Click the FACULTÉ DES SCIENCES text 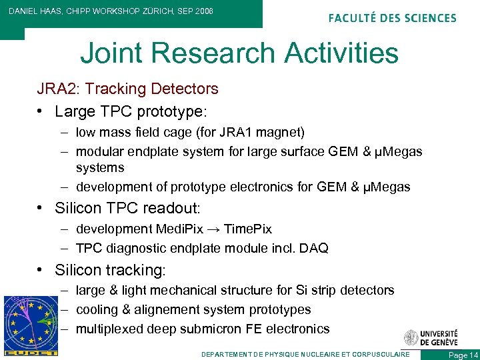click(x=392, y=18)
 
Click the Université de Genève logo click(x=430, y=337)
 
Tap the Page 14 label click(x=463, y=355)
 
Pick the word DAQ click(x=314, y=249)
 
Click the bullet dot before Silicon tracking click(x=42, y=270)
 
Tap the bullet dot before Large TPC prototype click(x=42, y=110)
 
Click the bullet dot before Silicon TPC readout click(x=42, y=209)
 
